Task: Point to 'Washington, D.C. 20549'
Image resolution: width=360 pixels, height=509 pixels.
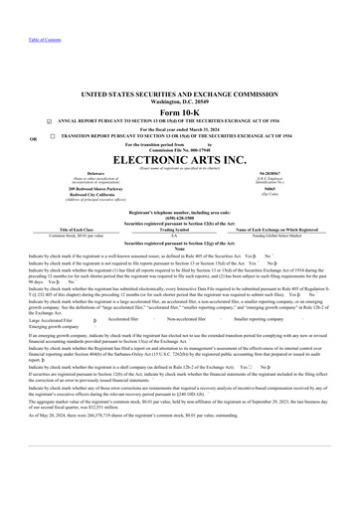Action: tap(180, 99)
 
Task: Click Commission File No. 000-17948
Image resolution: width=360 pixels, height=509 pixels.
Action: tap(180, 148)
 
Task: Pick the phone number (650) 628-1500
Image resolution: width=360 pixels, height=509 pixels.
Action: tap(180, 220)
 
